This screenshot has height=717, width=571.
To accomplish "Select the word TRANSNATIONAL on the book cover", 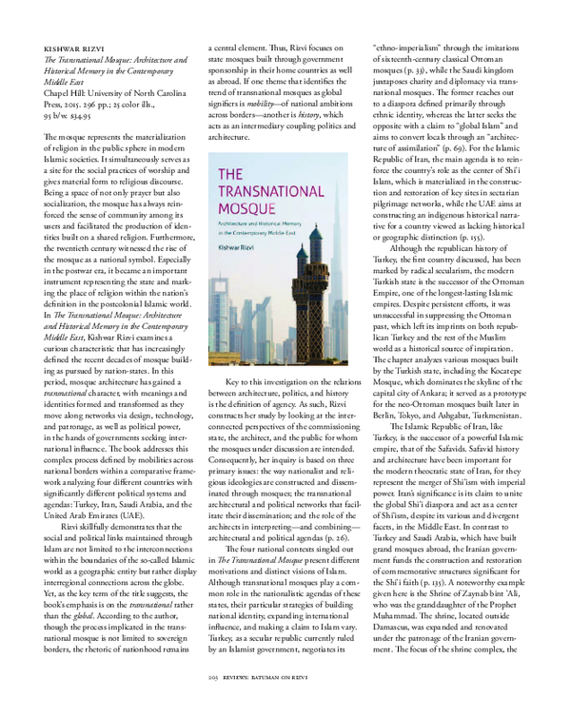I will click(267, 187).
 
